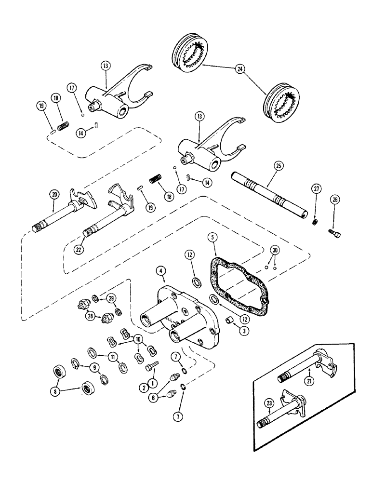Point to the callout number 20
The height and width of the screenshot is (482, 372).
click(x=53, y=195)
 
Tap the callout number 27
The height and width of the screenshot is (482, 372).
click(x=316, y=202)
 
